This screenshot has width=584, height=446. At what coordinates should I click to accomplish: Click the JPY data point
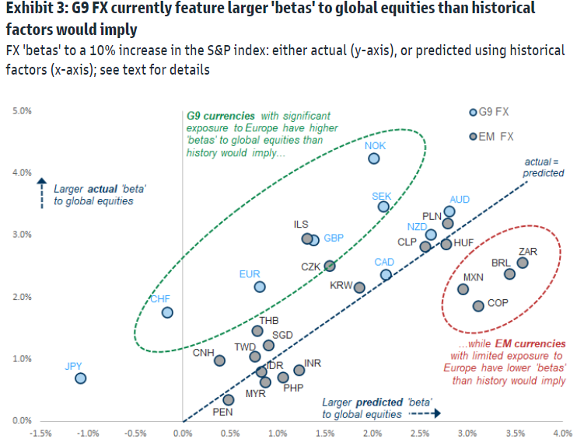pos(80,378)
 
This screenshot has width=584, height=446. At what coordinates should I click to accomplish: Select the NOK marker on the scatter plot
pos(374,159)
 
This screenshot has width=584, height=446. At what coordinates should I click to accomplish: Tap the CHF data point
pos(166,312)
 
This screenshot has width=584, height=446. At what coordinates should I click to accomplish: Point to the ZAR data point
pos(523,263)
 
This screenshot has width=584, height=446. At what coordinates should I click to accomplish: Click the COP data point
pos(478,306)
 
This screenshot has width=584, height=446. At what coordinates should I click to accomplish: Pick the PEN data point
pos(228,400)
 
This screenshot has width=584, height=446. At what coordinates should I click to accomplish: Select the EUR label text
pos(250,274)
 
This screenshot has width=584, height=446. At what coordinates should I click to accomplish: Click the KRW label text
pos(341,286)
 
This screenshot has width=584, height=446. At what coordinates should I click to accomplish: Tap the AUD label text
pos(460,200)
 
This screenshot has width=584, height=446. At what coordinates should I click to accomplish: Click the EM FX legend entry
pos(496,137)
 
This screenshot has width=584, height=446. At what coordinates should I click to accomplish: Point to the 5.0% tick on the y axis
pos(22,111)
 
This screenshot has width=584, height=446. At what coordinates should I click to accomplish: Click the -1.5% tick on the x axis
pos(41,434)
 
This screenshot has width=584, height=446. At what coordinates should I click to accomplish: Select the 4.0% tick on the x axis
pos(561,434)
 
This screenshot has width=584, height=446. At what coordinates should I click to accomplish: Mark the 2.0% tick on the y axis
pos(22,297)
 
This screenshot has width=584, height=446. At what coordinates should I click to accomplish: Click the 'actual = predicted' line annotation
pos(544,168)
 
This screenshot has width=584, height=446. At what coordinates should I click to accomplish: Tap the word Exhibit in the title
pos(26,9)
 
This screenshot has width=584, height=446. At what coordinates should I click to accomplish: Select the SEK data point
pos(383,207)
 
